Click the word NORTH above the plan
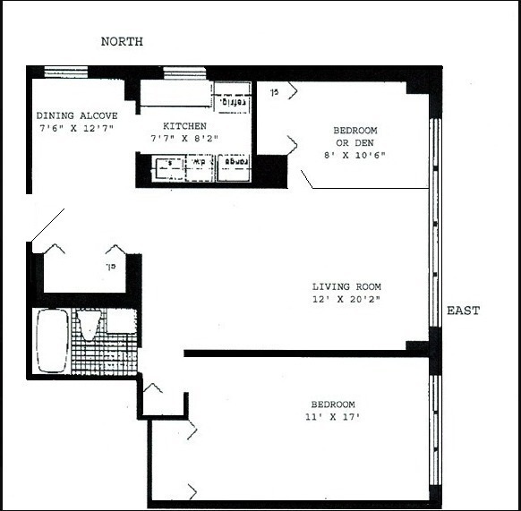(x=122, y=42)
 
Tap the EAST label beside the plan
(x=463, y=311)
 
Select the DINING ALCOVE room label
(x=76, y=115)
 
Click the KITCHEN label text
(x=184, y=126)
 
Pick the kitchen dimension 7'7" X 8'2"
(x=184, y=139)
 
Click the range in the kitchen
(x=235, y=167)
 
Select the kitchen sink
(x=167, y=167)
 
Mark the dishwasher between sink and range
(x=201, y=167)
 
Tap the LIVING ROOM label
(x=353, y=286)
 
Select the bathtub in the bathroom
(x=51, y=341)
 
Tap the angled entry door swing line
(x=47, y=225)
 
